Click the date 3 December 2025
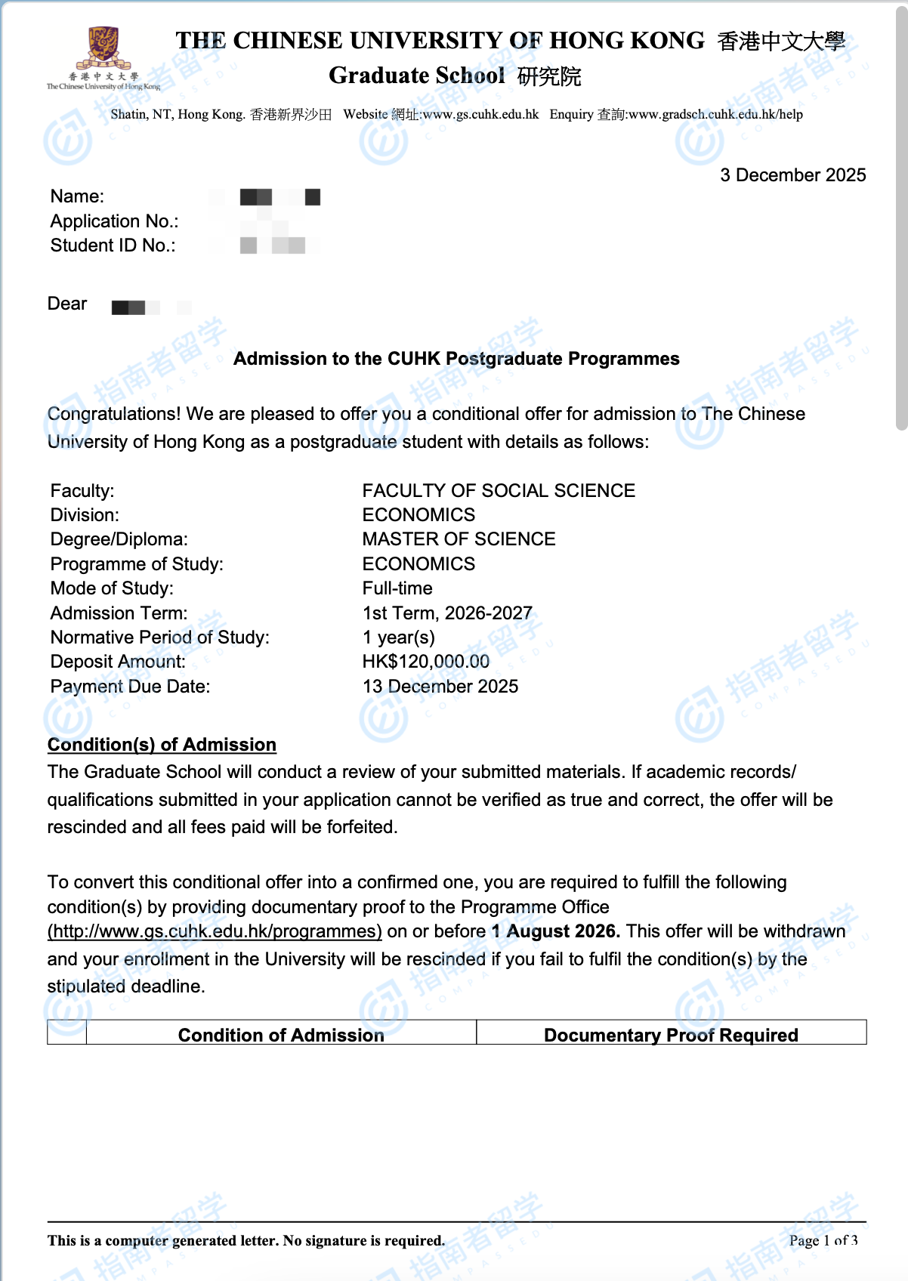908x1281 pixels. (x=792, y=175)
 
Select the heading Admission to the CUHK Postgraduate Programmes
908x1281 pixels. (x=456, y=359)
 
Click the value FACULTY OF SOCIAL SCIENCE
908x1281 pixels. (x=499, y=491)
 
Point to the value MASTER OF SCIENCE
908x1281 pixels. (x=459, y=539)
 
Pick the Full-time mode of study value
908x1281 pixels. (x=397, y=588)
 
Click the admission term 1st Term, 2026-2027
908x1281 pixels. (x=447, y=613)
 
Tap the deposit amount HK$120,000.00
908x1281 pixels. (x=425, y=662)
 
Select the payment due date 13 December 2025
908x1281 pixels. (x=440, y=687)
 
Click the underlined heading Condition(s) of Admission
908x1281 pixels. (x=162, y=745)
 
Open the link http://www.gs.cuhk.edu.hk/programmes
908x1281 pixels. (x=215, y=931)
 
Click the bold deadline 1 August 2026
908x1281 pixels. (x=555, y=931)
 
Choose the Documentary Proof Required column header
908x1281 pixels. (x=671, y=1035)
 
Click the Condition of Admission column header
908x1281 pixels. (x=281, y=1035)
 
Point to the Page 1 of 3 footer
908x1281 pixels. (x=823, y=1240)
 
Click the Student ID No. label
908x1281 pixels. (x=113, y=245)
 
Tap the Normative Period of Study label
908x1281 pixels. (x=159, y=637)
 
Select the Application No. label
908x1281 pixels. (x=114, y=221)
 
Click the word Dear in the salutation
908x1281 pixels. (x=67, y=304)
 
